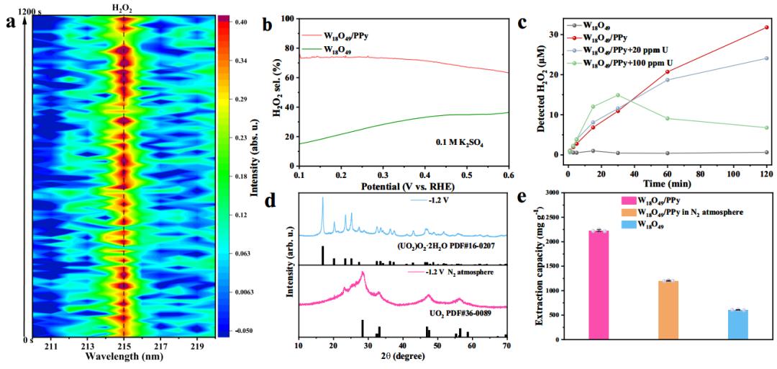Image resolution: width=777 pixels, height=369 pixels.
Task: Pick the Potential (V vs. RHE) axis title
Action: [x=403, y=186]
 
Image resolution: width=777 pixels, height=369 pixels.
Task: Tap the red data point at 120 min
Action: [x=766, y=27]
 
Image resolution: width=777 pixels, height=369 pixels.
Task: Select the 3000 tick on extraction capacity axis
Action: [x=567, y=193]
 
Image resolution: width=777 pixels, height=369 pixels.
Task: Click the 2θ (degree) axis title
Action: [x=402, y=358]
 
